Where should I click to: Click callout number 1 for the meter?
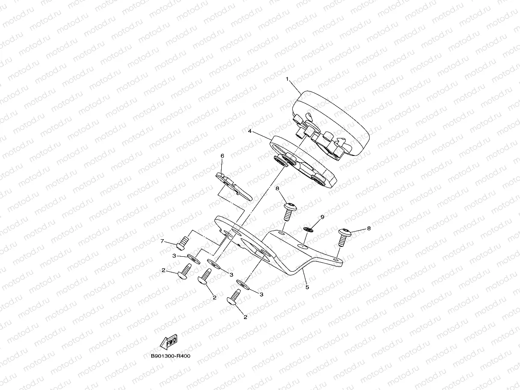[x=288, y=79]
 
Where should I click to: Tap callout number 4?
[x=250, y=132]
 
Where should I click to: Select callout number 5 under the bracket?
[x=307, y=287]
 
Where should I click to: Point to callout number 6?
[x=222, y=156]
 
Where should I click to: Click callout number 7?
[x=162, y=242]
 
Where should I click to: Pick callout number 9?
[x=323, y=217]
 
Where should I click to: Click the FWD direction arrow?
[x=168, y=343]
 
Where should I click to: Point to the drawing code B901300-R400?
[x=170, y=356]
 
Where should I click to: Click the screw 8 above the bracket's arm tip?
[x=344, y=237]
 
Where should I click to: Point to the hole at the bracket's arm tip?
[x=338, y=259]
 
